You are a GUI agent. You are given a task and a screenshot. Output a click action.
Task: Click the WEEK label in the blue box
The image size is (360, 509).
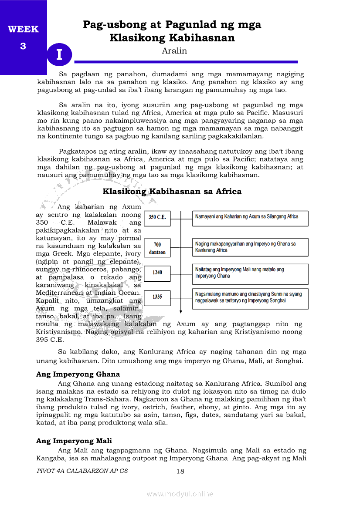pos(23,30)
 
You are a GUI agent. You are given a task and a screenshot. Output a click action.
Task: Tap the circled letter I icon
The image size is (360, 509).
pos(59,55)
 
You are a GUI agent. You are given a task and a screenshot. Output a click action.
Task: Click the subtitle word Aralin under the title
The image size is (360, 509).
pos(174,51)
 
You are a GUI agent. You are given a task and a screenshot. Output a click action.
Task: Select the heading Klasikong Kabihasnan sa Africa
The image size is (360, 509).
pos(172,192)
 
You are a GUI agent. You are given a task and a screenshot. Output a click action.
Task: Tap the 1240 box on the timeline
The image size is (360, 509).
pos(157,273)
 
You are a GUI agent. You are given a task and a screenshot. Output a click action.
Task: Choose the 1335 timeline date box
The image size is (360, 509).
pos(157,297)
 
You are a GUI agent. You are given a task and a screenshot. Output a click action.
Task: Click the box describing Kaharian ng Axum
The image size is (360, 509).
pos(250,217)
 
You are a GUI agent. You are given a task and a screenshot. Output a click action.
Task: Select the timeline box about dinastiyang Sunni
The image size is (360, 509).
pos(250,297)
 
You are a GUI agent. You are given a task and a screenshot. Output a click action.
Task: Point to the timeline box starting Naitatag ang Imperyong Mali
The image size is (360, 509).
pos(250,273)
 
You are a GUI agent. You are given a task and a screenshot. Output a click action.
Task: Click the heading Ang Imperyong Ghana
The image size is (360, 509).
pos(78,374)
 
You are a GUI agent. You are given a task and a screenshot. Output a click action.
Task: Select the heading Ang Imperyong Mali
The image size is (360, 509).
pos(74,441)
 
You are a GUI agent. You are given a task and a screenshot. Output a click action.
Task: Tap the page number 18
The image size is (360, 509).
pos(180,471)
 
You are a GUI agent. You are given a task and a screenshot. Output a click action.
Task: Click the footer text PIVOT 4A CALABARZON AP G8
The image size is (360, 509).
pos(83,471)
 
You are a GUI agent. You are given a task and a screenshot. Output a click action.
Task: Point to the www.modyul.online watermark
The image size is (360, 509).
pos(180,494)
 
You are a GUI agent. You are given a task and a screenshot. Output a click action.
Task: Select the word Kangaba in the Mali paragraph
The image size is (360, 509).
pos(50,458)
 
